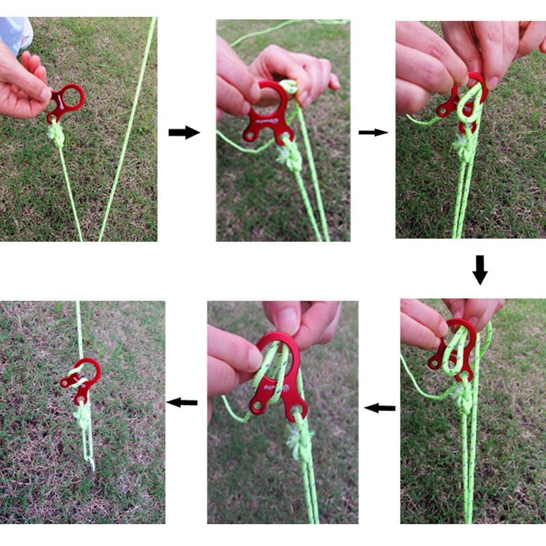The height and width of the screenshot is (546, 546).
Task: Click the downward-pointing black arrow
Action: click(x=479, y=269)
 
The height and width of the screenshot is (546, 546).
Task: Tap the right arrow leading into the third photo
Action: click(x=373, y=132)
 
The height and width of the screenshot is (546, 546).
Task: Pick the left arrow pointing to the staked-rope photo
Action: click(x=182, y=403)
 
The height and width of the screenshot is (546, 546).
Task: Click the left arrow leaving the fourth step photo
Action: click(x=379, y=408)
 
